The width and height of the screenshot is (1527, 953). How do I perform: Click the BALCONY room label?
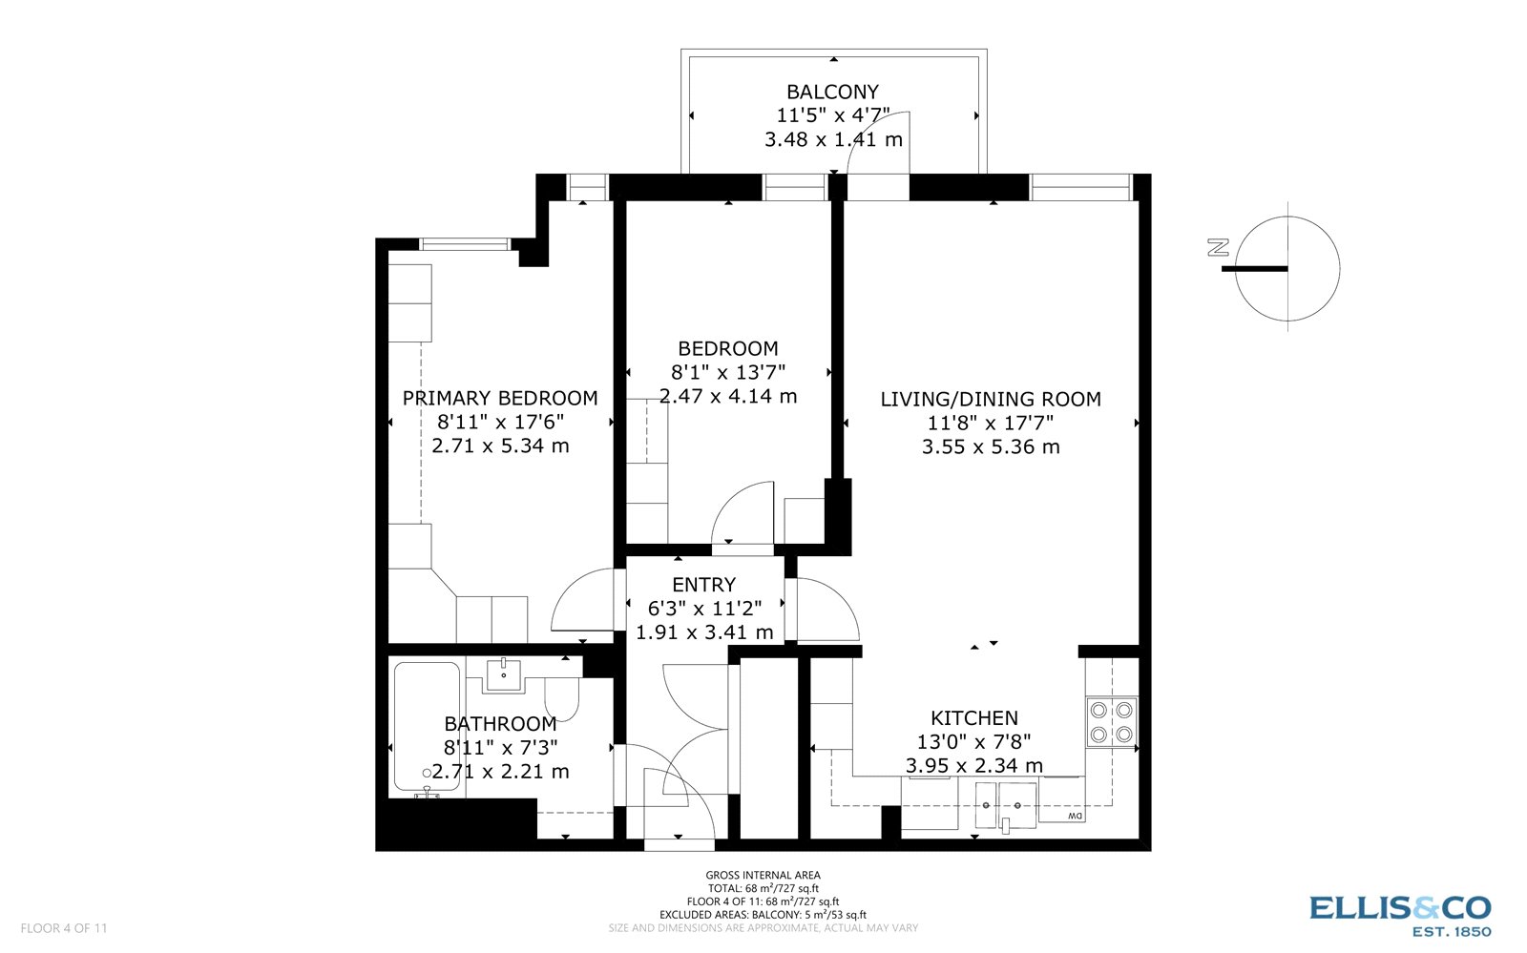832,93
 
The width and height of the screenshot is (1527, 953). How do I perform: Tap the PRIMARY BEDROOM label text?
500,399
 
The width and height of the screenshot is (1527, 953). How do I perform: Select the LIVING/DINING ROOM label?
991,400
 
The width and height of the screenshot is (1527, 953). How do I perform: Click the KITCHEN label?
974,718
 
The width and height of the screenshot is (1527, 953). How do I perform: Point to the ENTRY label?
704,585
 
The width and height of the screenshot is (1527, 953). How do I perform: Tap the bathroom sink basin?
503,674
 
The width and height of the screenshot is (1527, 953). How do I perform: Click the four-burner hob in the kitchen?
1112,722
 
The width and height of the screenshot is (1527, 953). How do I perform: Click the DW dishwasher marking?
1075,817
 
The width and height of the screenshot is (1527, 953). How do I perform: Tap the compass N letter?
1217,248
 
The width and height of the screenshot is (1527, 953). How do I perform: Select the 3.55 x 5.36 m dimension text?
991,447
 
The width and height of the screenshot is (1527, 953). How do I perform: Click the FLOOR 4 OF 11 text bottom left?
64,928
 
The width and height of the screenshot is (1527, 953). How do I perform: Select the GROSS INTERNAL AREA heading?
763,875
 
